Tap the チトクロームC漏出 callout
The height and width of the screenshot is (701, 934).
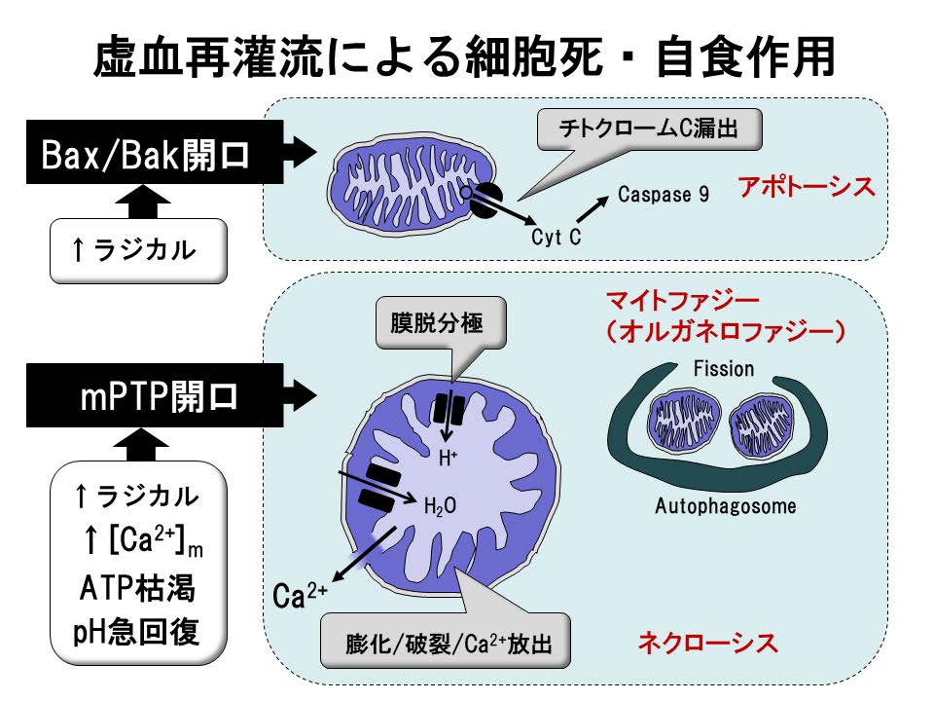pyautogui.click(x=649, y=128)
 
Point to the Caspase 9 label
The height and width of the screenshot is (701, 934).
pyautogui.click(x=663, y=195)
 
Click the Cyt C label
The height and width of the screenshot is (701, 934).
pyautogui.click(x=557, y=238)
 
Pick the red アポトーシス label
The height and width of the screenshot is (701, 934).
pyautogui.click(x=807, y=186)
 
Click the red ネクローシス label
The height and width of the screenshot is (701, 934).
pyautogui.click(x=707, y=643)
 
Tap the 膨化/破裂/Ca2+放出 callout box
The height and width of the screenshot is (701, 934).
pyautogui.click(x=444, y=644)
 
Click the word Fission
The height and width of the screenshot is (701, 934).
pyautogui.click(x=723, y=368)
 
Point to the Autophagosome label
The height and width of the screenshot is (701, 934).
pyautogui.click(x=725, y=506)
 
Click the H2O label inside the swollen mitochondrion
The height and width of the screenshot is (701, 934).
pyautogui.click(x=440, y=506)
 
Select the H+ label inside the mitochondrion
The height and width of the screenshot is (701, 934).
pyautogui.click(x=448, y=458)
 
